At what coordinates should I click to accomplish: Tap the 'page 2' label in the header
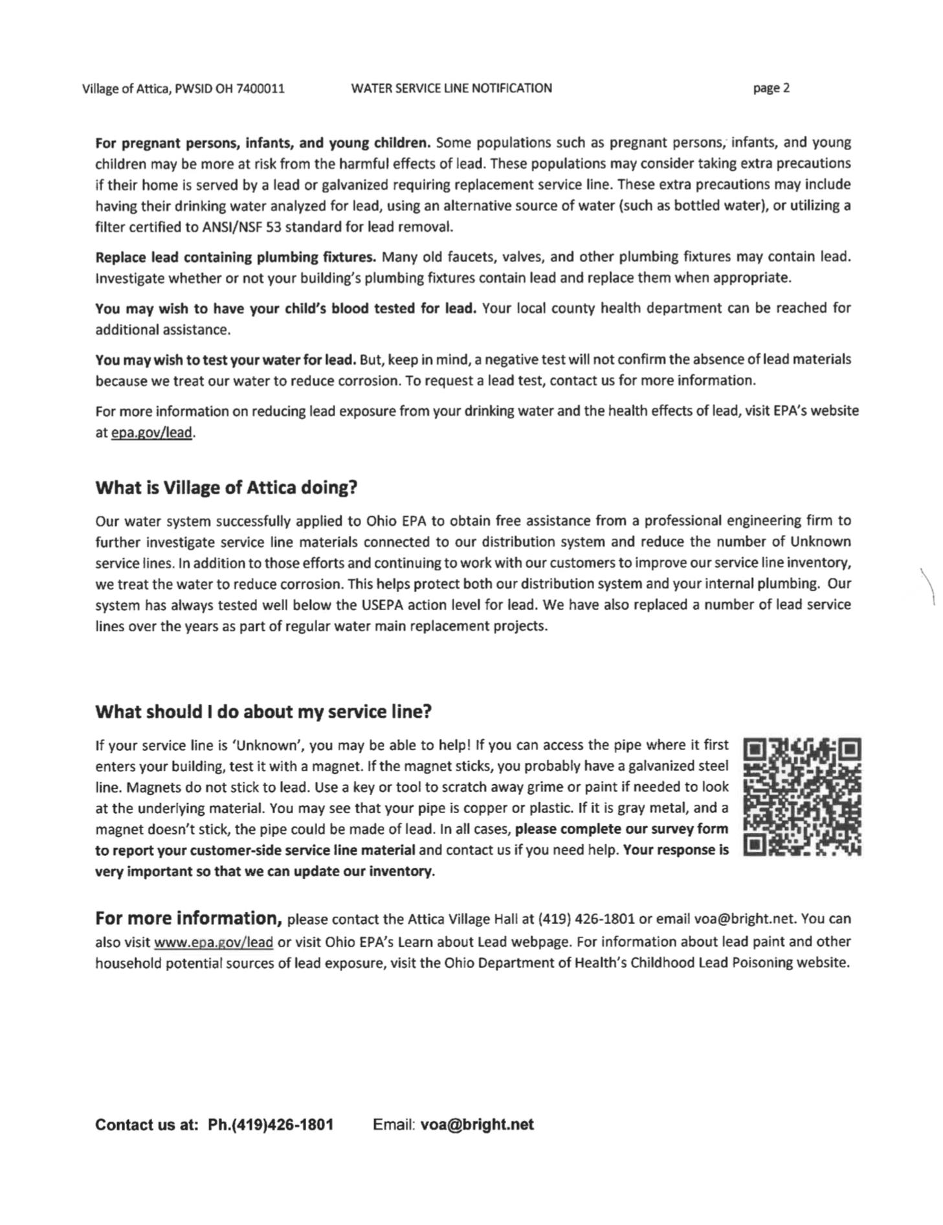[771, 88]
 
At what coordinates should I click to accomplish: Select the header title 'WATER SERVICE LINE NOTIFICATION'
[451, 88]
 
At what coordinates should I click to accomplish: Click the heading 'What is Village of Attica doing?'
[226, 488]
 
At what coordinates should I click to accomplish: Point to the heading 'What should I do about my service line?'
[263, 712]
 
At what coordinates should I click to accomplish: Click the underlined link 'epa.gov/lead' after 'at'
[152, 433]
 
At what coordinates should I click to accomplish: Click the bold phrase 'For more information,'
[188, 918]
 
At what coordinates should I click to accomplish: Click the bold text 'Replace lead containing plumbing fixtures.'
[236, 257]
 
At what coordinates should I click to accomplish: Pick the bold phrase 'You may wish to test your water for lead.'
[226, 359]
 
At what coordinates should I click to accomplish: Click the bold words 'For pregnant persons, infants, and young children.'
[263, 142]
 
